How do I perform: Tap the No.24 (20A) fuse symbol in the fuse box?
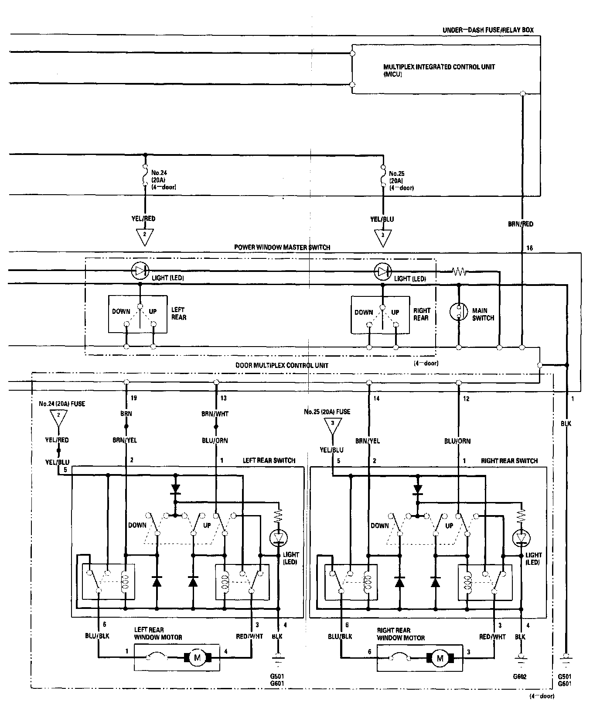point(145,177)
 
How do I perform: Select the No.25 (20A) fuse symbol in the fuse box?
point(383,177)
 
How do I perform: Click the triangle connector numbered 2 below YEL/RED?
point(145,236)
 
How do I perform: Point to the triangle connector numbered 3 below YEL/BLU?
point(383,237)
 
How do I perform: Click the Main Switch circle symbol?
point(458,311)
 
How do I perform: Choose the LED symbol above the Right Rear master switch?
point(382,272)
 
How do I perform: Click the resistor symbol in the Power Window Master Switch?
point(460,272)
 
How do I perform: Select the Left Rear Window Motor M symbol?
point(197,658)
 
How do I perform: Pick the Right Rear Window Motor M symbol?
point(440,658)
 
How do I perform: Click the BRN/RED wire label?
point(521,224)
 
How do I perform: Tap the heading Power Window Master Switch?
point(282,247)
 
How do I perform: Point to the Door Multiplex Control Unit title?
point(282,365)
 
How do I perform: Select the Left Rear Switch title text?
point(269,461)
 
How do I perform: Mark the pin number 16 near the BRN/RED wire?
point(529,248)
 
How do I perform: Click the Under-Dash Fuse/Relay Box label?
point(488,30)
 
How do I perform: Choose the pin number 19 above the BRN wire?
point(134,398)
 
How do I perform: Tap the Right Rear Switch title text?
point(509,461)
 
